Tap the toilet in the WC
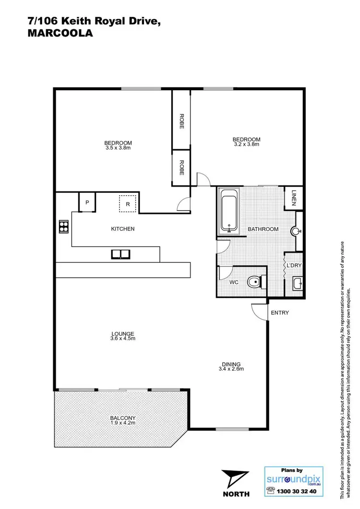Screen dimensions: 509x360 pos(254,283)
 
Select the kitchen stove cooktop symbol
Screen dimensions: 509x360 pos(63,226)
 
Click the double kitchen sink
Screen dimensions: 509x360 pos(120,254)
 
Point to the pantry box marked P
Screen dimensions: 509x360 pos(87,202)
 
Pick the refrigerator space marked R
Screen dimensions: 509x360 pos(128,204)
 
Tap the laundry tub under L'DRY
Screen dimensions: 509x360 pos(296,284)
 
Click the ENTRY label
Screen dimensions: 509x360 pos(280,313)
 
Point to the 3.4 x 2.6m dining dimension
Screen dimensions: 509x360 pos(232,369)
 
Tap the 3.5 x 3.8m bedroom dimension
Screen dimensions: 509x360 pos(118,148)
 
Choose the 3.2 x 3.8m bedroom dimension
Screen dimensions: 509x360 pos(246,144)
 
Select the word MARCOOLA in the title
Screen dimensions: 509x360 pos(58,34)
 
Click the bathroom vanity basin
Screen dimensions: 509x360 pos(296,231)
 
